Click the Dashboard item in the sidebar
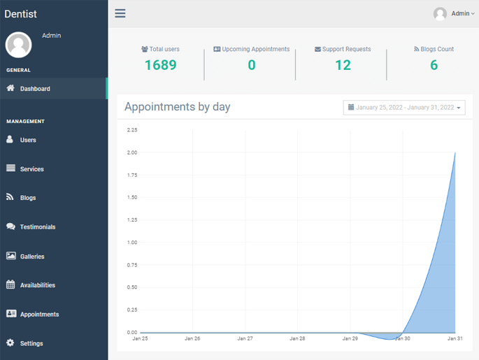click(x=34, y=89)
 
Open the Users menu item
click(x=28, y=140)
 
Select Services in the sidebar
click(x=31, y=169)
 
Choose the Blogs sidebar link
click(x=28, y=198)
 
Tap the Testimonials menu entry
click(x=37, y=227)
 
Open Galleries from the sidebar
click(x=32, y=257)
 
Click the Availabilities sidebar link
click(x=37, y=285)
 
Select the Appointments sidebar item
click(x=39, y=315)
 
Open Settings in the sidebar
click(x=31, y=343)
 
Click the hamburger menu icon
click(x=120, y=13)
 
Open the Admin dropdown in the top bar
click(x=455, y=13)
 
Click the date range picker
click(x=404, y=108)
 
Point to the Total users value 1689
click(x=160, y=65)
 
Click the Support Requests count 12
click(x=343, y=65)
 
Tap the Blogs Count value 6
click(x=434, y=65)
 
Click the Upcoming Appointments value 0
click(x=252, y=65)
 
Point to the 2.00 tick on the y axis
click(x=131, y=152)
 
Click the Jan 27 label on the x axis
click(x=245, y=338)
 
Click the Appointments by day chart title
click(x=177, y=107)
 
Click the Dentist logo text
click(x=21, y=14)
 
